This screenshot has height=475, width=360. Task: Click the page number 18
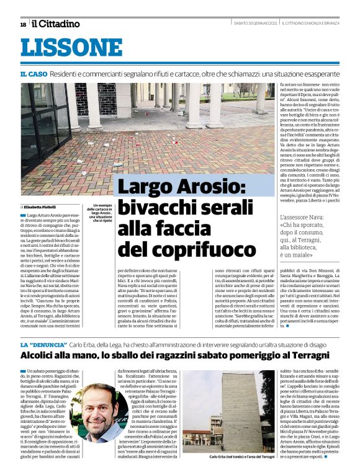pyautogui.click(x=22, y=24)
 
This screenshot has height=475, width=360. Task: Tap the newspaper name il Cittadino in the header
pyautogui.click(x=56, y=24)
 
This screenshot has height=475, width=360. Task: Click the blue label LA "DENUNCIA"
pyautogui.click(x=43, y=344)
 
